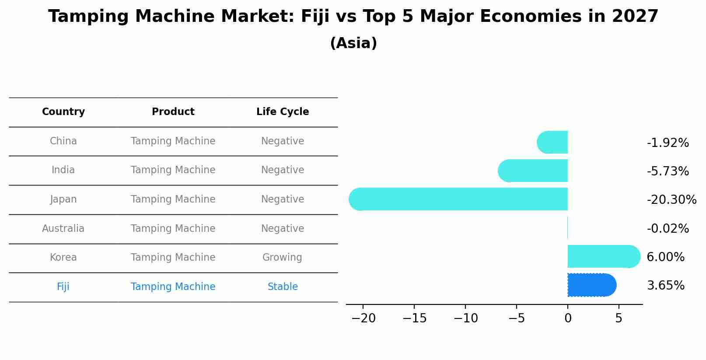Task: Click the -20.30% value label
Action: click(x=671, y=200)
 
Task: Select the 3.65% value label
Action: click(x=665, y=286)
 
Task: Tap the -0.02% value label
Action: click(x=668, y=229)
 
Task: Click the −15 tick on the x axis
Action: click(x=414, y=318)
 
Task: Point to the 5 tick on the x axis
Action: click(x=619, y=318)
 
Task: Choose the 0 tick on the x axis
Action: click(x=568, y=318)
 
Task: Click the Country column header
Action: click(x=63, y=112)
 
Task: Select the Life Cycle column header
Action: click(x=283, y=112)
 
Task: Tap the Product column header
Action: click(x=173, y=112)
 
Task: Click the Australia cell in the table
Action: click(x=63, y=228)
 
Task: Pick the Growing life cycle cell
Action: click(x=282, y=258)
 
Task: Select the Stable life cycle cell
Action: click(x=283, y=287)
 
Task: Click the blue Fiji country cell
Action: click(x=63, y=287)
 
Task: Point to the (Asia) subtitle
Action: click(x=353, y=43)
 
